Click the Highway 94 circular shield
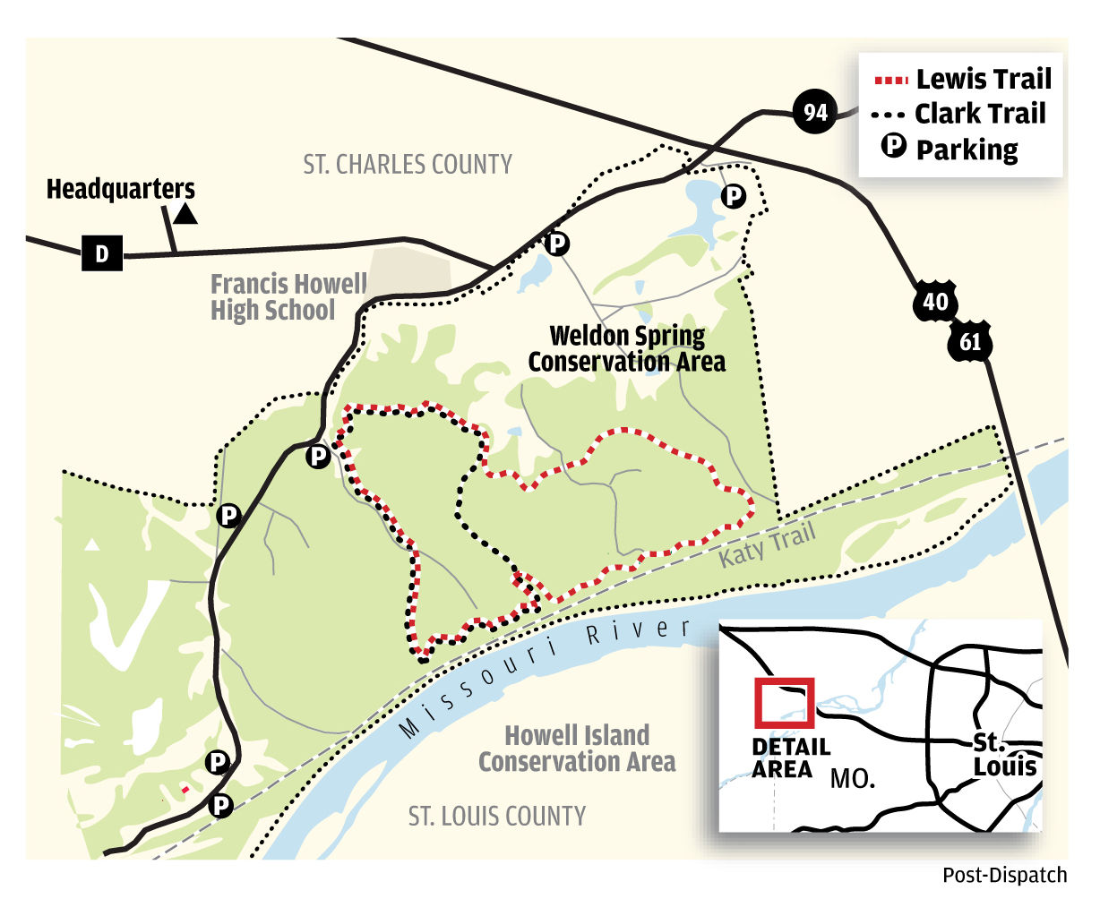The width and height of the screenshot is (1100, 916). (x=814, y=112)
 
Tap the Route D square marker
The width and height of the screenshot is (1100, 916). (x=101, y=253)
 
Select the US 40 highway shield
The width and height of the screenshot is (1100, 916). (x=935, y=302)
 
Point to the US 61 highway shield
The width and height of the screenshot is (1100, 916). (x=970, y=341)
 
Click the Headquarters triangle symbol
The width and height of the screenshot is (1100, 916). (x=185, y=213)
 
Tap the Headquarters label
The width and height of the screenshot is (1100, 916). (x=120, y=190)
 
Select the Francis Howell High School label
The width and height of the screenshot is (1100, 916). (x=288, y=297)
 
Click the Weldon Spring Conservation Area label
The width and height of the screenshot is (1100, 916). (x=626, y=349)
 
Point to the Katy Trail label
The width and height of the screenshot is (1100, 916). (x=768, y=544)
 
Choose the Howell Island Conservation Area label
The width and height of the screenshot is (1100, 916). (x=577, y=749)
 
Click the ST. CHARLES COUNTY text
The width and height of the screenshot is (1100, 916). (x=408, y=165)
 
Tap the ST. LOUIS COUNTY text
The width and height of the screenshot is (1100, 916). (x=497, y=817)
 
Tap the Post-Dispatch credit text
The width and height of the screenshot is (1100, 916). (x=1004, y=875)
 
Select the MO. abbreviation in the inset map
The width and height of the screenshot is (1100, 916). (x=853, y=778)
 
